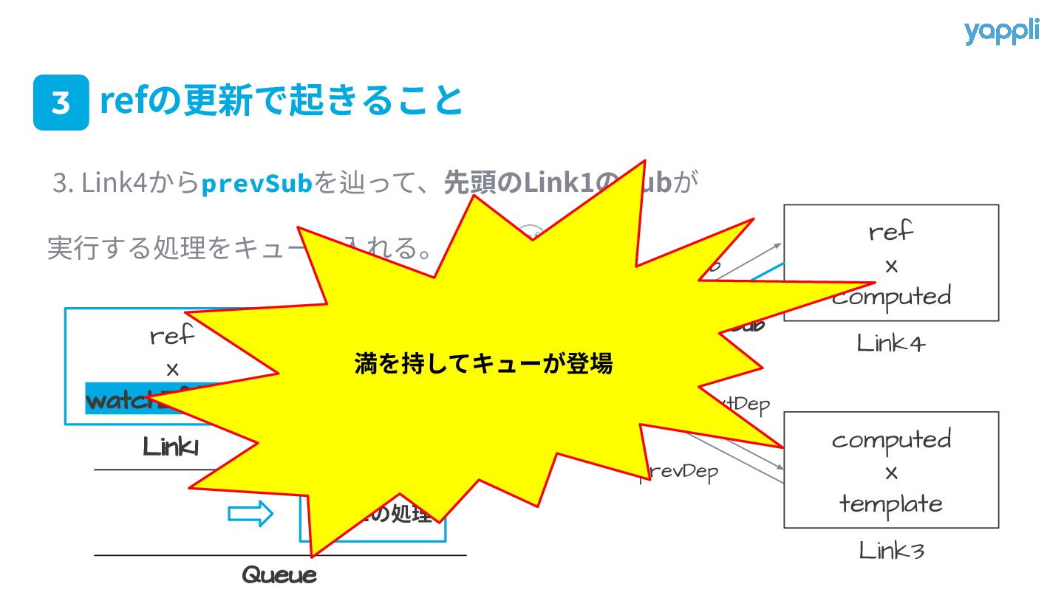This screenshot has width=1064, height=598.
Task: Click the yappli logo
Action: tap(1001, 32)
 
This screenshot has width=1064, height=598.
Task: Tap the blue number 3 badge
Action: tap(61, 103)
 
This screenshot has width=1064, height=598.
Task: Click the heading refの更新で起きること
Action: tap(281, 101)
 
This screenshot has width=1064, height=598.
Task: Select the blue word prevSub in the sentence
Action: tap(257, 183)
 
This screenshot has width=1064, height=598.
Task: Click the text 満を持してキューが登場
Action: tap(484, 364)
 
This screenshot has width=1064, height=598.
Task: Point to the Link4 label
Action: tap(890, 343)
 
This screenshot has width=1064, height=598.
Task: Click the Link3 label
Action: tap(891, 551)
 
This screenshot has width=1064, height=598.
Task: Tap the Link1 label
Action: tap(171, 447)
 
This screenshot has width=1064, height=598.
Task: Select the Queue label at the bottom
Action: tap(279, 575)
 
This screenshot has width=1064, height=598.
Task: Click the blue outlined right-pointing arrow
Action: tap(250, 515)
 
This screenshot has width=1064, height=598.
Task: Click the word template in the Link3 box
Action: tap(891, 504)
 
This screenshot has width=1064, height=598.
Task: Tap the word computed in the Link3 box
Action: tap(891, 440)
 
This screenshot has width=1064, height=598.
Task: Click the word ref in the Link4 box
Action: tap(891, 233)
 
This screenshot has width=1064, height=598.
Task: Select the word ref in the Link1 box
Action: tap(171, 337)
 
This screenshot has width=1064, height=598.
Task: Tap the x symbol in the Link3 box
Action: tap(891, 472)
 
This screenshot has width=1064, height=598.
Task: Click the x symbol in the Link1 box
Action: tap(172, 369)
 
